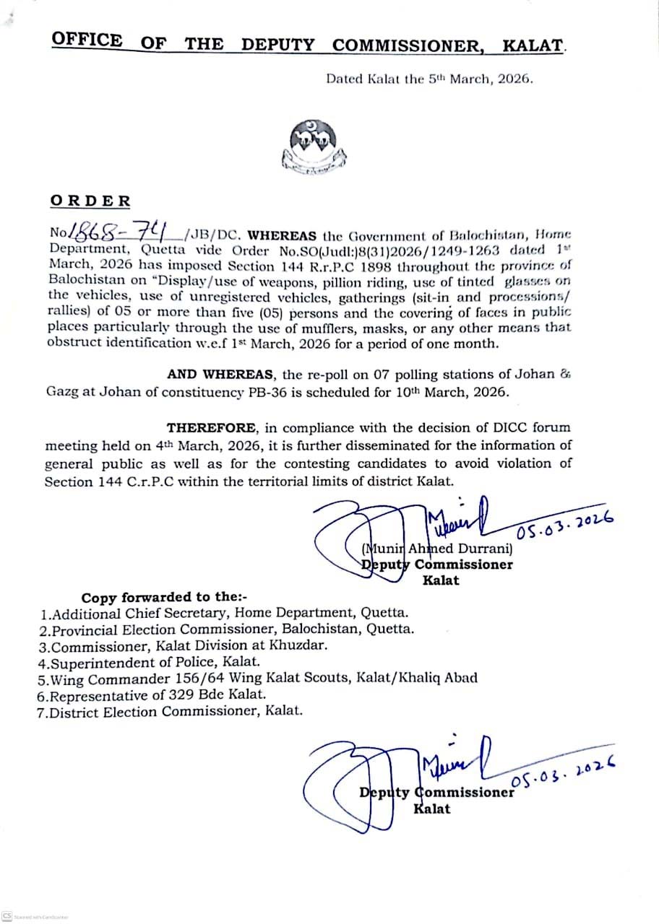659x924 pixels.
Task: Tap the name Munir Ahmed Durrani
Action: click(436, 549)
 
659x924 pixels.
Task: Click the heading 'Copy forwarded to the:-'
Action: click(164, 598)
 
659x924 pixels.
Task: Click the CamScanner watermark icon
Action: click(7, 916)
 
